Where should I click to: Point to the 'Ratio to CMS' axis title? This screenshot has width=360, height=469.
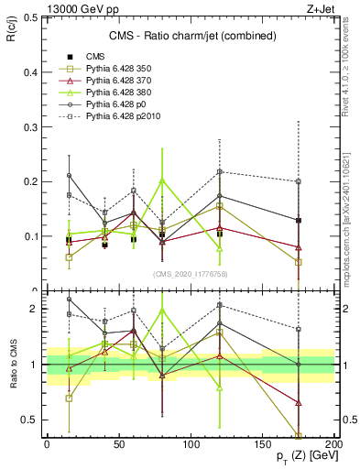(x=12, y=366)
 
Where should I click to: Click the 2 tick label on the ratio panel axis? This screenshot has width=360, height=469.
(x=31, y=309)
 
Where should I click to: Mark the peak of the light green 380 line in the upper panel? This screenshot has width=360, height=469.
(x=162, y=180)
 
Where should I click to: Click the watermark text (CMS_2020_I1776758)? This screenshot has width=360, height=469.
(x=190, y=274)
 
